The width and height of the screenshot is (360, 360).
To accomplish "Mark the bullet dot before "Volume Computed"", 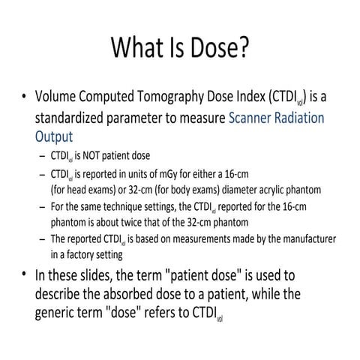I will click(x=25, y=97).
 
